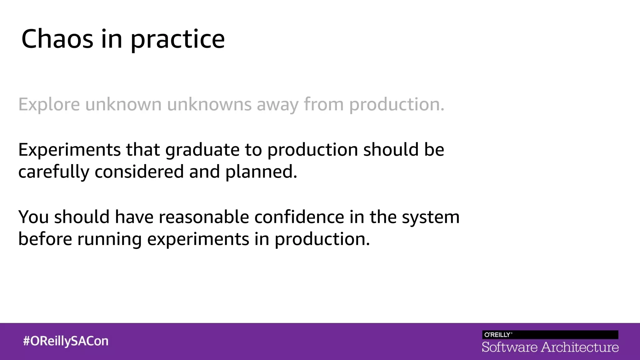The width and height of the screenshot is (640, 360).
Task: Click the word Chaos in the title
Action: [x=57, y=39]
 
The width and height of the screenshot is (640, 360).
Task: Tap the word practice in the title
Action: [x=177, y=40]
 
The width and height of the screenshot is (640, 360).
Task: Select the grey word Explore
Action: [x=49, y=104]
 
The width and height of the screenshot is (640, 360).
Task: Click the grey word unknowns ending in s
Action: [x=209, y=104]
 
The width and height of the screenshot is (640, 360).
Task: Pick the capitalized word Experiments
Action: [x=69, y=150]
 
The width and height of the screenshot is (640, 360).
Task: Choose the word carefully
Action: [x=53, y=172]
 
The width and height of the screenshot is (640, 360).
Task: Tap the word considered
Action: [x=139, y=172]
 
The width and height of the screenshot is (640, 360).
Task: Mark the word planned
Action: [x=261, y=172]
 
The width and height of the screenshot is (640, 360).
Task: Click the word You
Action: [x=33, y=217]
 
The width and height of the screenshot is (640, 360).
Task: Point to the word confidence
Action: [x=299, y=217]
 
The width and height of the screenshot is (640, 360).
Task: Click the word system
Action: [x=431, y=217]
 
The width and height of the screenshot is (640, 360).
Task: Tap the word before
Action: [x=45, y=239]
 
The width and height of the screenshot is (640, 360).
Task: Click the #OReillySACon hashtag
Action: [x=66, y=341]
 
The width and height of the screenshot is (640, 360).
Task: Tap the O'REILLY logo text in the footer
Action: [x=497, y=335]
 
